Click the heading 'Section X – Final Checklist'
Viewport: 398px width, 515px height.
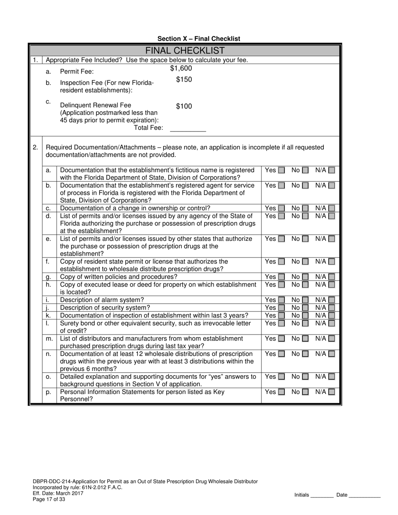coord(199,39)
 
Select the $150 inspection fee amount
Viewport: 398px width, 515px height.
coord(184,80)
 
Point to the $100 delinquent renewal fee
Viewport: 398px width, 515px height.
coord(184,106)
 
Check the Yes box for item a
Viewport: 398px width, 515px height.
coord(282,170)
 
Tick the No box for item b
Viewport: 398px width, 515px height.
coord(305,185)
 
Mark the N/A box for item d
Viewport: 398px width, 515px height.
coord(331,216)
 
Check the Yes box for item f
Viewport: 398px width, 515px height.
coord(282,262)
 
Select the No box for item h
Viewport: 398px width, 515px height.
coord(305,285)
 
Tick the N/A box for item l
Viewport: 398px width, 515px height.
coord(331,323)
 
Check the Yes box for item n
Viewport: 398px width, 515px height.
coord(282,354)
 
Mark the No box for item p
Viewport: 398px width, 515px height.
coord(305,392)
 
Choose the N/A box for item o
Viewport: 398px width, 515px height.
coord(331,377)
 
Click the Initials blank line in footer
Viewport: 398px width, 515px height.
coord(322,495)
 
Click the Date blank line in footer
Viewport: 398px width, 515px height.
coord(364,495)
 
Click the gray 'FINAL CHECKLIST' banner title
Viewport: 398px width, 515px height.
coord(185,51)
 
